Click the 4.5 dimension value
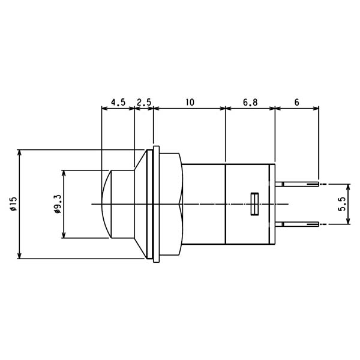118,102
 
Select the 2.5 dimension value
144,102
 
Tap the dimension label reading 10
190,102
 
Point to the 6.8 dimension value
250,102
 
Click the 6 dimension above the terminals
296,102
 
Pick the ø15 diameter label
14,203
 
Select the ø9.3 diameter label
58,204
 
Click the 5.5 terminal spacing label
342,204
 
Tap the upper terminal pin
297,184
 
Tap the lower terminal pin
297,224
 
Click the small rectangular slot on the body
254,204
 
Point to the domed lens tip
106,204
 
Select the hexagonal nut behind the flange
171,204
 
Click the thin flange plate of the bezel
156,204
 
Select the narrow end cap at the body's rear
272,204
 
